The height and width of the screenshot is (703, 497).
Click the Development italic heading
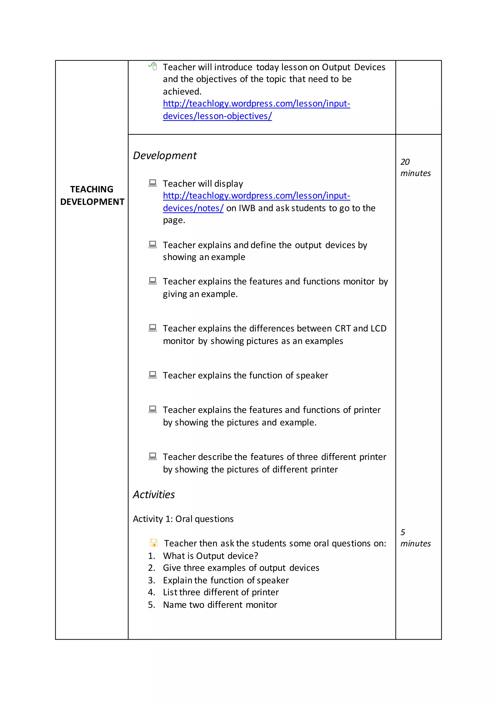[165, 156]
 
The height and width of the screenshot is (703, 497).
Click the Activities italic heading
[154, 494]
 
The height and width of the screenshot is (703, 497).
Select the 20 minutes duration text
[415, 167]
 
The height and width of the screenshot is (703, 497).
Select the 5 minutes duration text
[415, 538]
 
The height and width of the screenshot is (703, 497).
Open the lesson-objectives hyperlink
[256, 110]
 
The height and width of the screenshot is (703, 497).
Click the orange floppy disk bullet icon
[153, 543]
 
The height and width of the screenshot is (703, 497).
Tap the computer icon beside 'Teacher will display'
[152, 183]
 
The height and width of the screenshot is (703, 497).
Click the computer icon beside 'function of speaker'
[152, 375]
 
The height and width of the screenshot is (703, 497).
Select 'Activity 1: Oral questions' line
[183, 519]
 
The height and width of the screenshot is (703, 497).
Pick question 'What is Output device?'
[211, 556]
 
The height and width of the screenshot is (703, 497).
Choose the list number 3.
[151, 580]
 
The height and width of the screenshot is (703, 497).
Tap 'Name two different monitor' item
[220, 605]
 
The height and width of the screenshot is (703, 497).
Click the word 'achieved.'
[182, 92]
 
